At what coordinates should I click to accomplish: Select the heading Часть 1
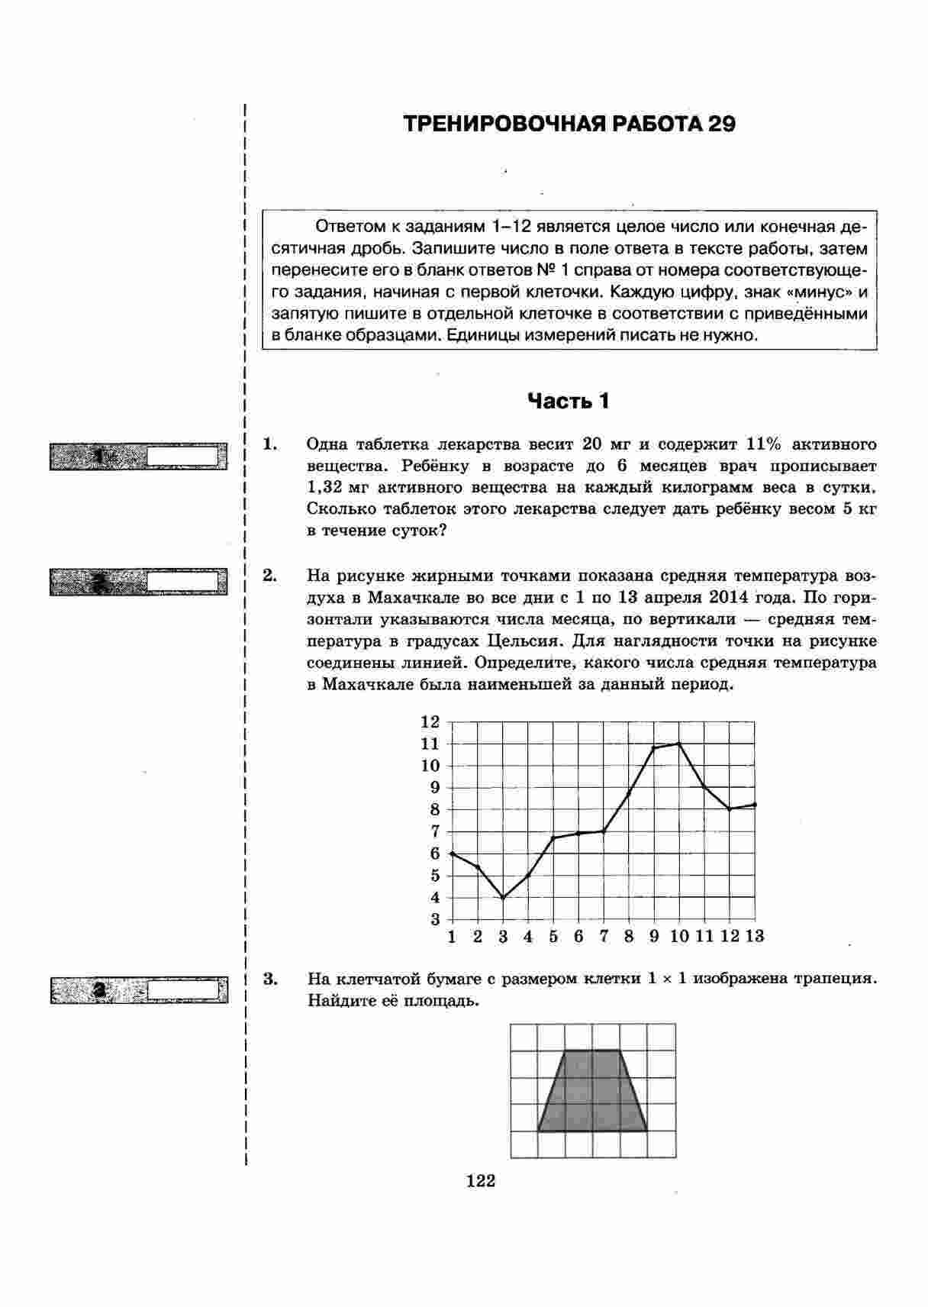click(569, 401)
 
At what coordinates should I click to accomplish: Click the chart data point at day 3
click(503, 898)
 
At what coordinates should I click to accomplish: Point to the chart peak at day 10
click(678, 743)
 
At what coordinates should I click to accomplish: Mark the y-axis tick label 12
click(430, 721)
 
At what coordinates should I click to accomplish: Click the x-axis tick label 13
click(755, 937)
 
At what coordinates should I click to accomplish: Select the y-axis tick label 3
click(435, 919)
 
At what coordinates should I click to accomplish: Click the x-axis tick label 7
click(604, 937)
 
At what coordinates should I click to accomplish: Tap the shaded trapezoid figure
click(592, 1092)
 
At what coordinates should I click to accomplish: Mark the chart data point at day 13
click(755, 805)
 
